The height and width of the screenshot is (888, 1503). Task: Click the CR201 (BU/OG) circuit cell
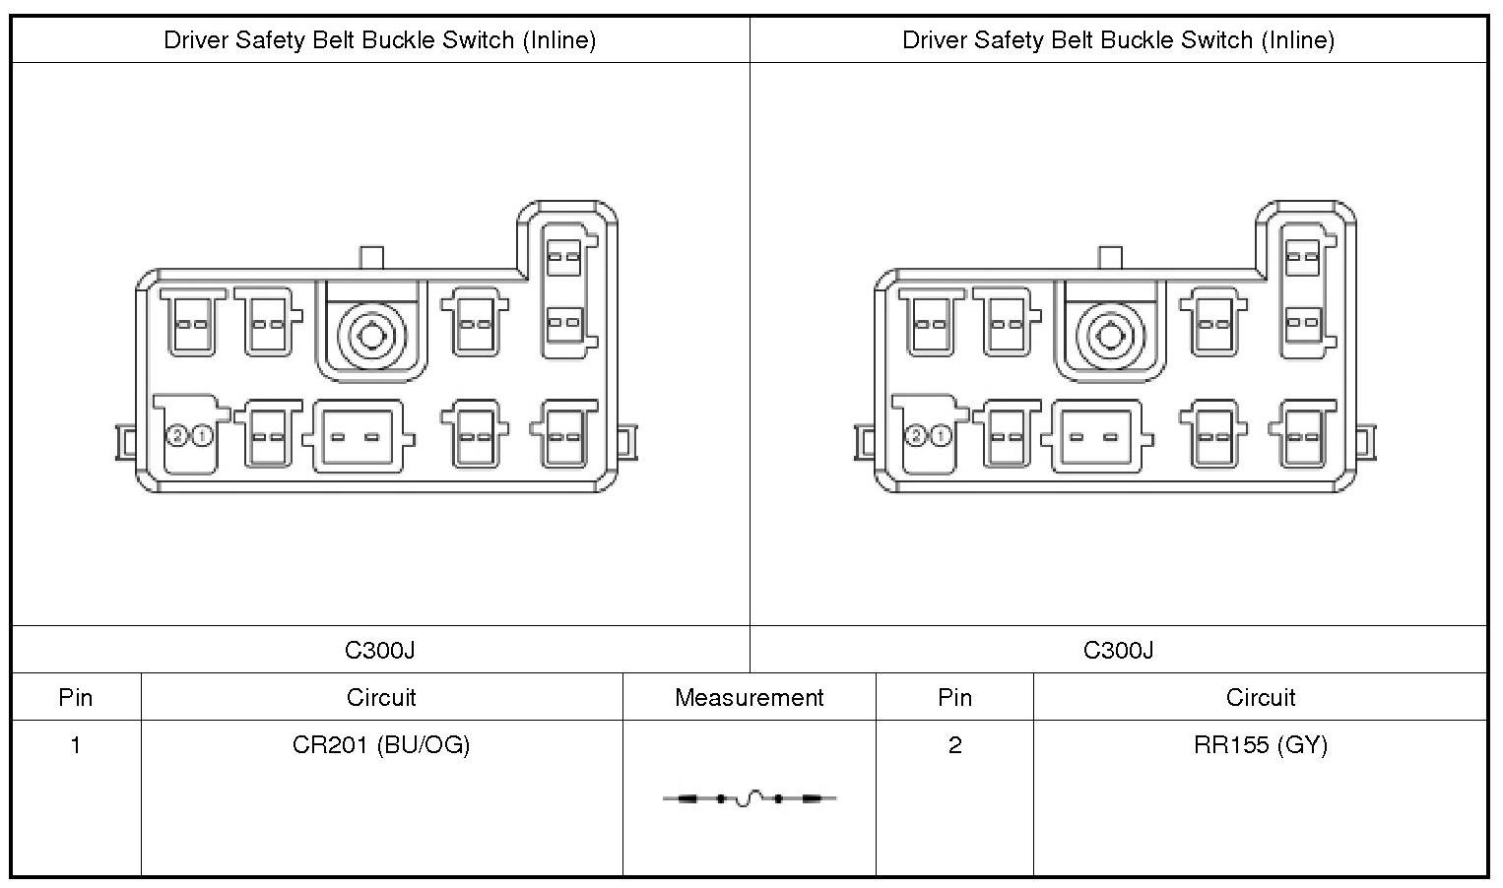tap(381, 745)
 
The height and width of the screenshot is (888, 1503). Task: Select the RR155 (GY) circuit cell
tap(1260, 745)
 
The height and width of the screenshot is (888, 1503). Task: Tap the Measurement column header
tap(749, 698)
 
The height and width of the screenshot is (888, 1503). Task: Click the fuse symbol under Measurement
tap(750, 798)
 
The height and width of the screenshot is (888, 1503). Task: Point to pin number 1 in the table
tap(76, 745)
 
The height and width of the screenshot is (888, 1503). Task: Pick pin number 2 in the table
tap(954, 745)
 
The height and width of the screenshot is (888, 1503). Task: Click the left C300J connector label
tap(380, 650)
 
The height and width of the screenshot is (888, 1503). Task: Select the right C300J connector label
tap(1118, 650)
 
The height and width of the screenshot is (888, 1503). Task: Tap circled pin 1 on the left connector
tap(202, 435)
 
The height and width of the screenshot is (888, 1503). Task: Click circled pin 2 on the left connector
tap(178, 435)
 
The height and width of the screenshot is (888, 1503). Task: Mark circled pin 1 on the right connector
tap(941, 435)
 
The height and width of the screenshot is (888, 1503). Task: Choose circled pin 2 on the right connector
tap(917, 435)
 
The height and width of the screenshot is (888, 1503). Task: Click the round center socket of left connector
tap(371, 336)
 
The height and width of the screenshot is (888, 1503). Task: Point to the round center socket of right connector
tap(1110, 336)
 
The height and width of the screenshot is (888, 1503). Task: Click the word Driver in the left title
tap(193, 40)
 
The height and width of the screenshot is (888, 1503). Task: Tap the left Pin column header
tap(76, 698)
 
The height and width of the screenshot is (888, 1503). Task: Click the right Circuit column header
tap(1260, 698)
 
